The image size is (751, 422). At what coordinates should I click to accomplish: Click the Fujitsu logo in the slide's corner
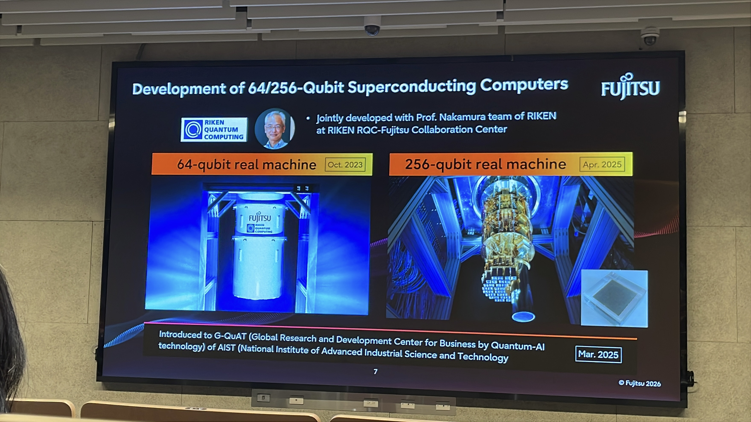tap(630, 87)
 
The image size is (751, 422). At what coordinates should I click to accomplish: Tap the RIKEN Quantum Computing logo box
tap(214, 130)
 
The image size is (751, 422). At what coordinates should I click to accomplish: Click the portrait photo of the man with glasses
tap(275, 129)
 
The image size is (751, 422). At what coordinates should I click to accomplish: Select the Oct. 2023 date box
tap(345, 165)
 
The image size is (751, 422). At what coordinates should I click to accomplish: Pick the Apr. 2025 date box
tap(602, 165)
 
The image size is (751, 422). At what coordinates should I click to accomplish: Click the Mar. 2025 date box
tap(598, 354)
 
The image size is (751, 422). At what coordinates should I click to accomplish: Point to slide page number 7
tap(375, 372)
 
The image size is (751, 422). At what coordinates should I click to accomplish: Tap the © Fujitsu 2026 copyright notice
tap(640, 383)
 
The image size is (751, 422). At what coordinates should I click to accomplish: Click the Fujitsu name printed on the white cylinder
tap(259, 218)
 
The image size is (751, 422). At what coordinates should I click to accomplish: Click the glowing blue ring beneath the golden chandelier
tap(523, 316)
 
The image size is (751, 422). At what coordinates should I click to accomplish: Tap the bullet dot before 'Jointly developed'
tap(308, 118)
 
